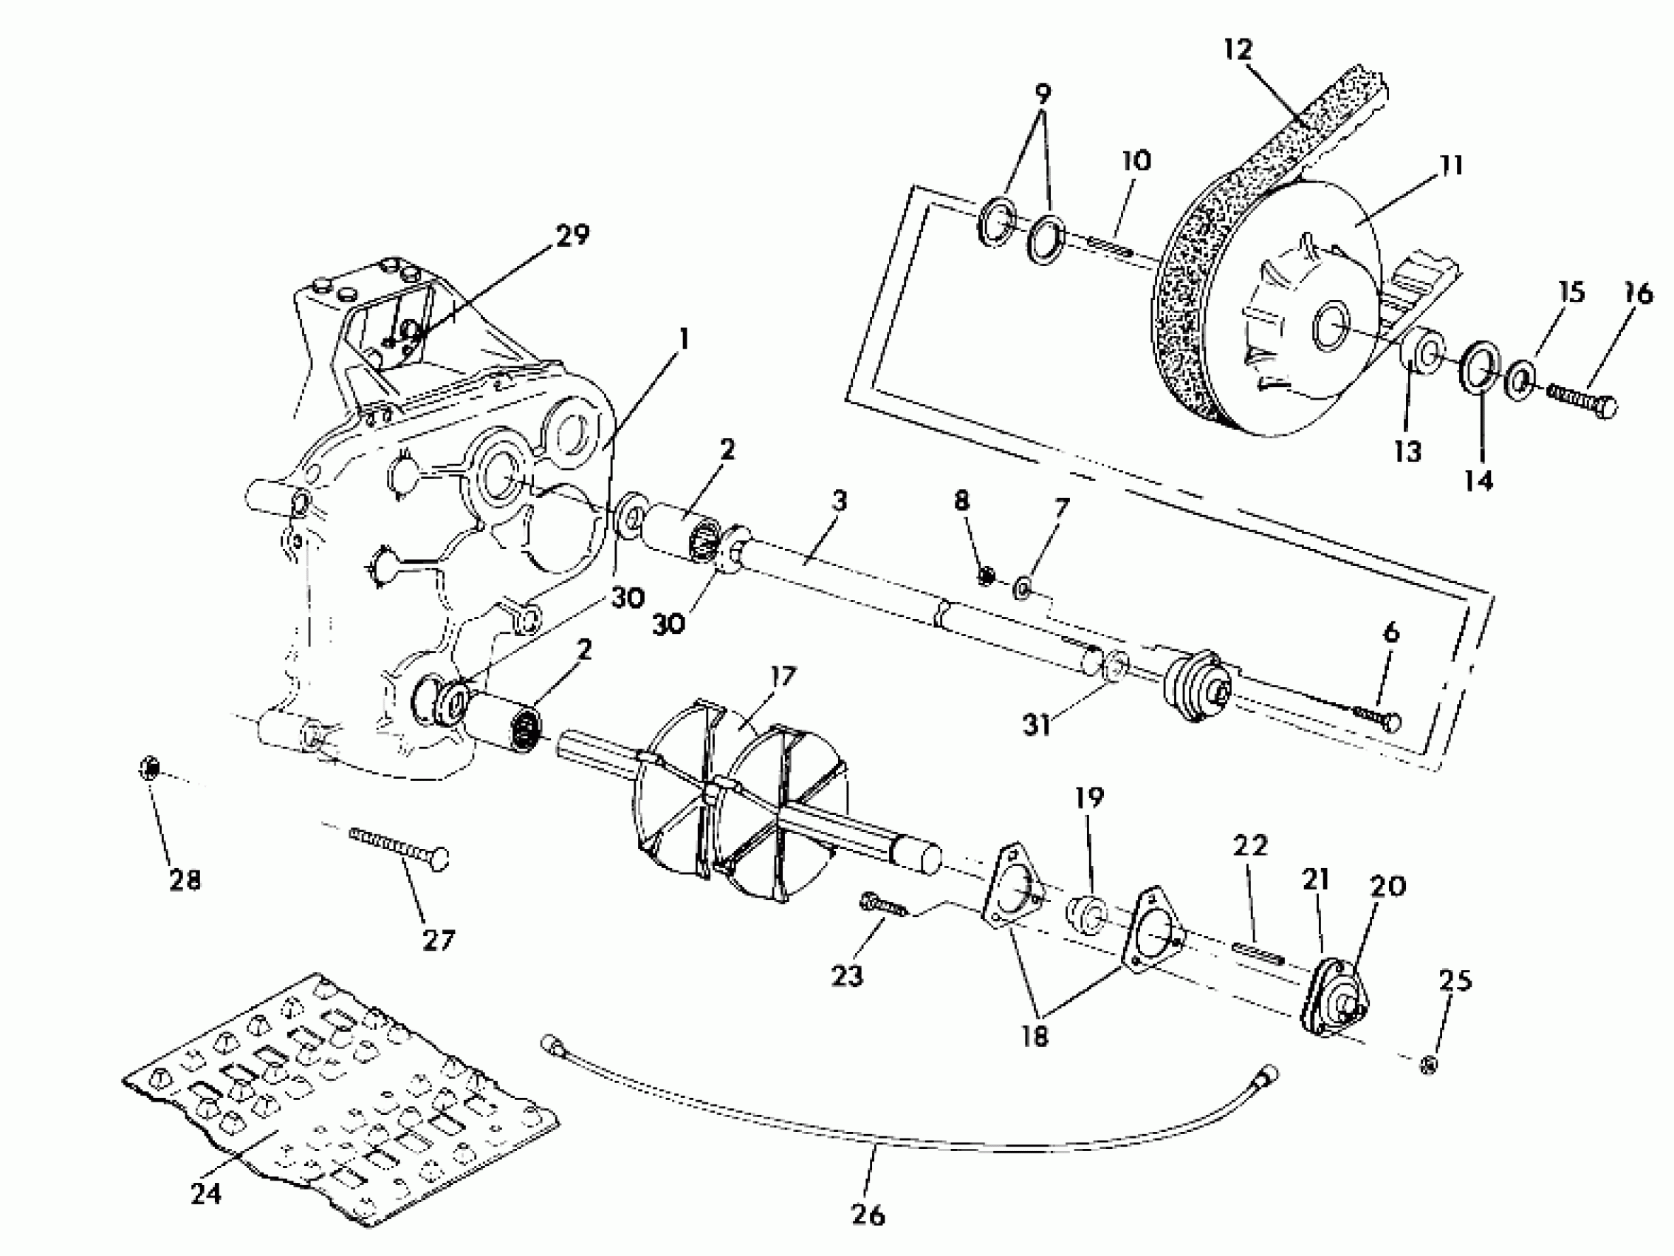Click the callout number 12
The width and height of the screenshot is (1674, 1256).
1238,50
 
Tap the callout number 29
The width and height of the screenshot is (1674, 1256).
572,236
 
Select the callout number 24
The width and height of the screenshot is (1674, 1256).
206,1195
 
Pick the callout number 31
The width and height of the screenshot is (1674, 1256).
1036,726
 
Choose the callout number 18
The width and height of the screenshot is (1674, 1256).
1035,1035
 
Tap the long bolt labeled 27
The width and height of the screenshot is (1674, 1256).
399,848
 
